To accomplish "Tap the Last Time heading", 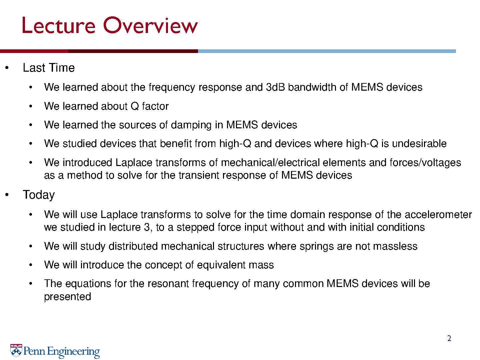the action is pyautogui.click(x=49, y=68).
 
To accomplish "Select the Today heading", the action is pyautogui.click(x=39, y=195).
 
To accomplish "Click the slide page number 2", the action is pyautogui.click(x=449, y=338).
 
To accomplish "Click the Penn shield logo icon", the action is pyautogui.click(x=16, y=350).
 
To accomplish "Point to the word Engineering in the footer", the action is pyautogui.click(x=73, y=352).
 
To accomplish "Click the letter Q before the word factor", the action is pyautogui.click(x=135, y=106).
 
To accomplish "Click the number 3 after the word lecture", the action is pyautogui.click(x=147, y=227).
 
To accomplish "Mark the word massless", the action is pyautogui.click(x=395, y=246).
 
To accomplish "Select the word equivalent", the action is pyautogui.click(x=221, y=265).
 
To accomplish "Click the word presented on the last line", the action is pyautogui.click(x=68, y=297).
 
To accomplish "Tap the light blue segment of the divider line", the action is pyautogui.click(x=327, y=51).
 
